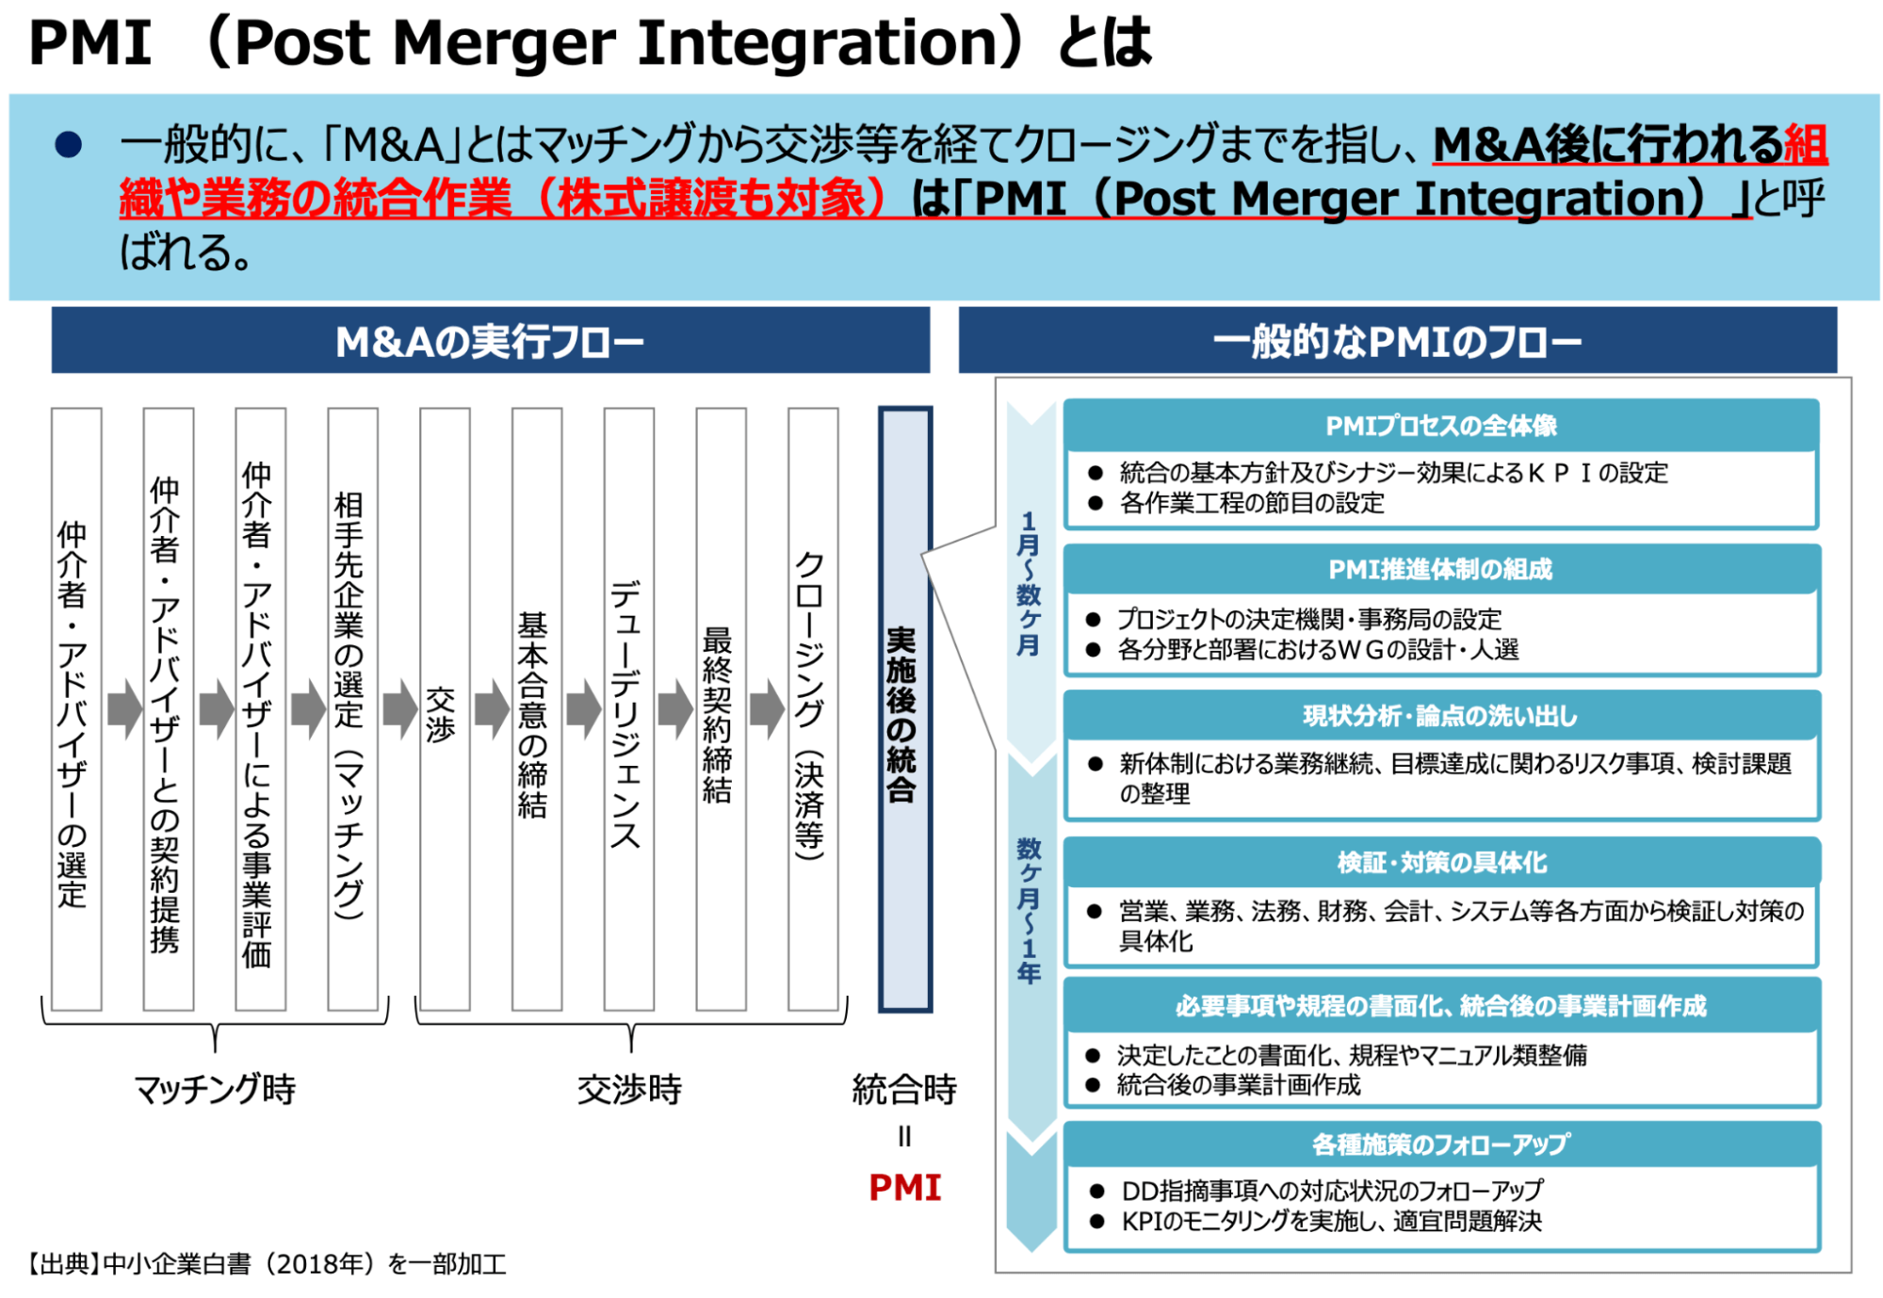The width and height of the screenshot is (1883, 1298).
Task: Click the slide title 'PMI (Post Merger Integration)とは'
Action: [590, 43]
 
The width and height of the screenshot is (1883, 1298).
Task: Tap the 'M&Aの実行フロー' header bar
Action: [490, 341]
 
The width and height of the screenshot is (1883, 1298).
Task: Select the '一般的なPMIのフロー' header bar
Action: [1397, 341]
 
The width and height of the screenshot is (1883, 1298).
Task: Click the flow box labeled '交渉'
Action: [444, 708]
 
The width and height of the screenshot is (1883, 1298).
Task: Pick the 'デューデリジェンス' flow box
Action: [628, 708]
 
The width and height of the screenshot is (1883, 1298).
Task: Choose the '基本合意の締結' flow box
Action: [536, 708]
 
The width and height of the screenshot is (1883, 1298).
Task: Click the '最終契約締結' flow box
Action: [721, 708]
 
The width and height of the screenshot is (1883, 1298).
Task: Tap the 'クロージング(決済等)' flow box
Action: [812, 708]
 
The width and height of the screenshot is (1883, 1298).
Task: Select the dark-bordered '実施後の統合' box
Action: [904, 708]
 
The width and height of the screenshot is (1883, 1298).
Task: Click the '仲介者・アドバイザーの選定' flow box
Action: [75, 708]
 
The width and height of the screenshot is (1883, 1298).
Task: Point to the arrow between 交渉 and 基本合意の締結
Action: [491, 708]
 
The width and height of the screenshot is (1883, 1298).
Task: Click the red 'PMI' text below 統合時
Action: [904, 1188]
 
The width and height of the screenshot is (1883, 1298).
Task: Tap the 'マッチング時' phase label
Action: [215, 1089]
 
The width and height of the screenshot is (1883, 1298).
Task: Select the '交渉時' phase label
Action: [629, 1089]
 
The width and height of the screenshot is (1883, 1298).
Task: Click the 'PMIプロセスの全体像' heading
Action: [1440, 426]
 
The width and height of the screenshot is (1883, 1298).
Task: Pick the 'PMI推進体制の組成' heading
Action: [1440, 569]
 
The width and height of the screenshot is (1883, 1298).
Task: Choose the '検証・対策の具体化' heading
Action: [1440, 863]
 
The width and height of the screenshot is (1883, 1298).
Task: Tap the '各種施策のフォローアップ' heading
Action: [1440, 1144]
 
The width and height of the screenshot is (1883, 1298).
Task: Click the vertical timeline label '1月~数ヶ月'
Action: [1029, 584]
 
